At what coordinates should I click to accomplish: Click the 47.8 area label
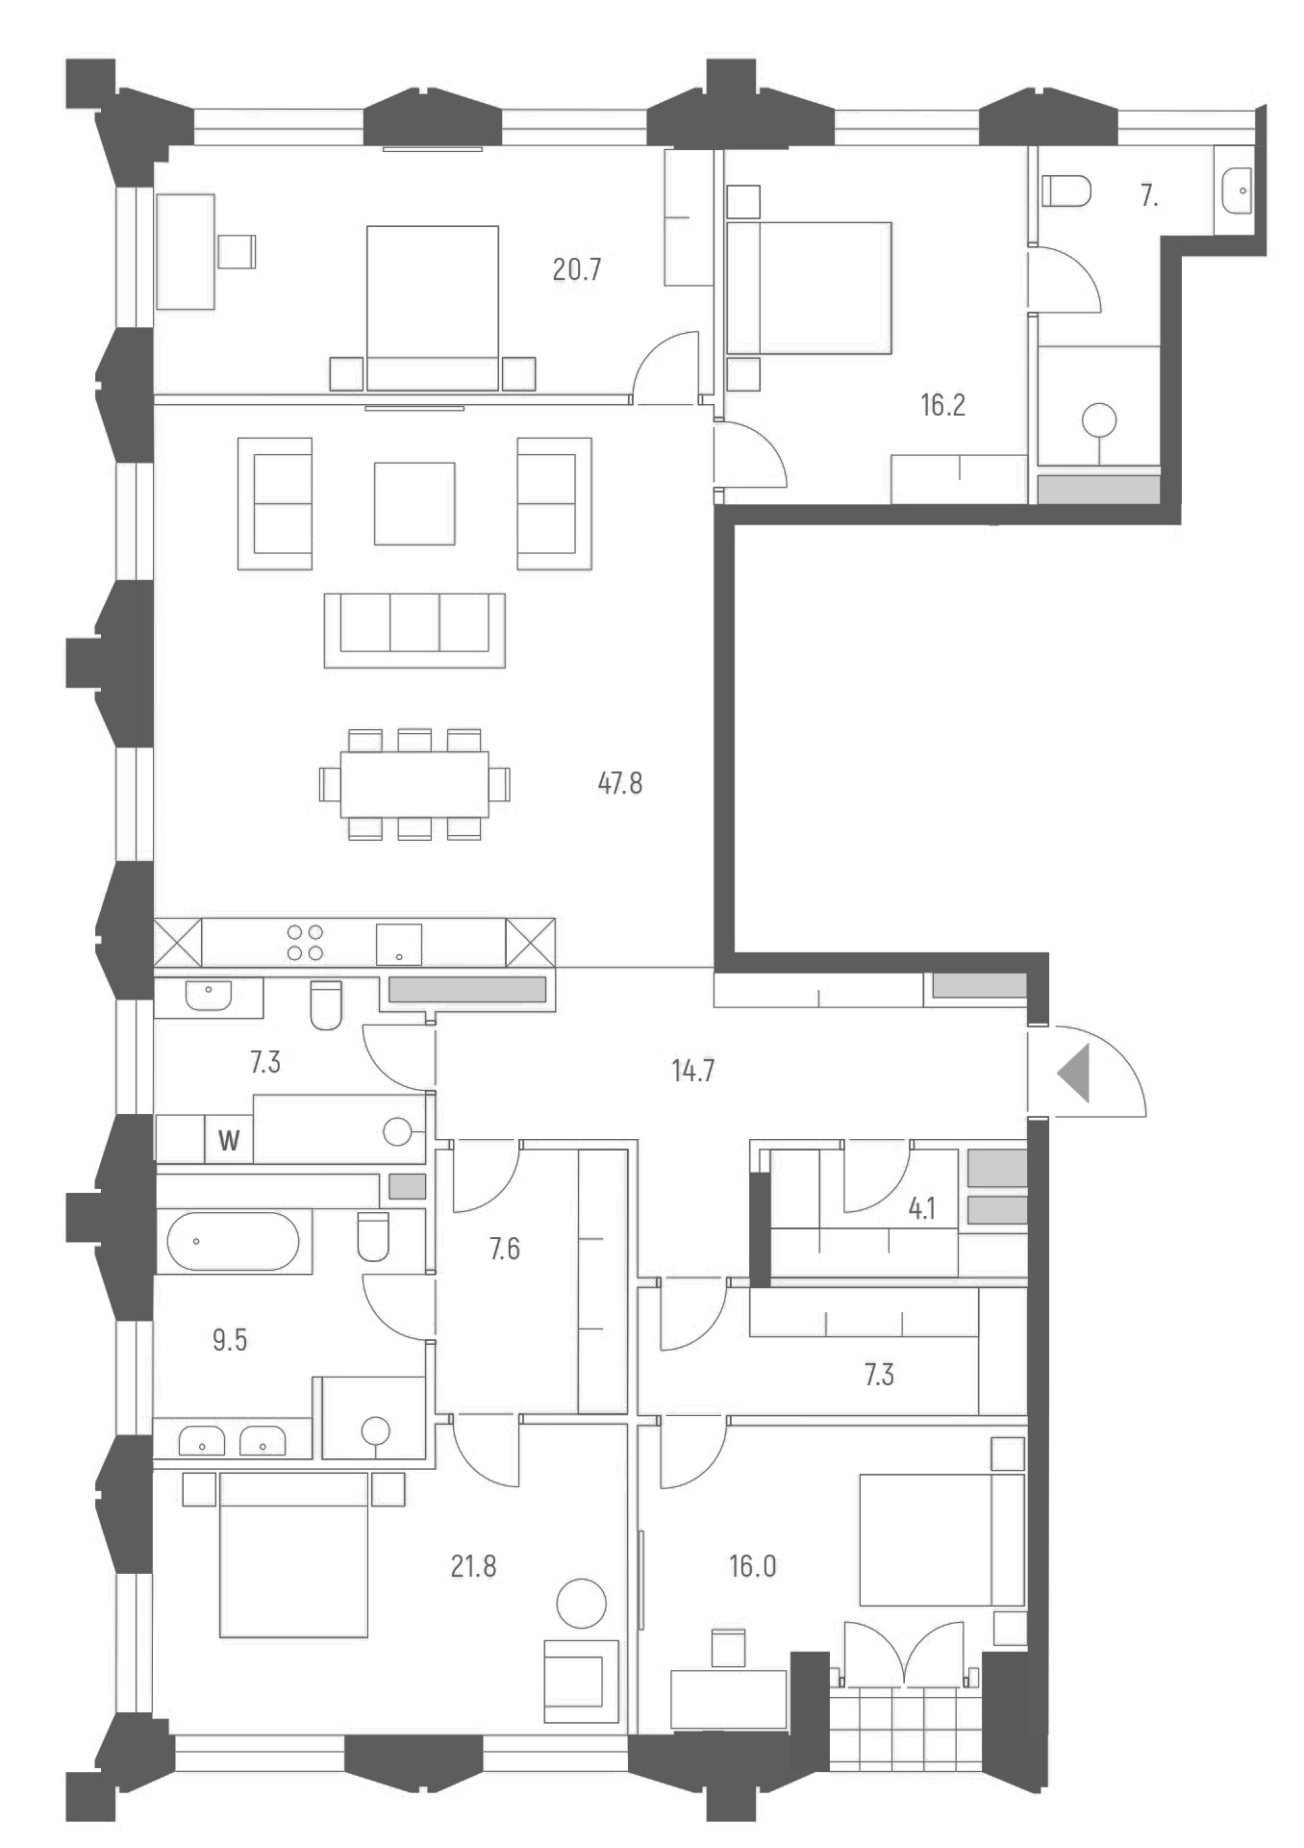click(x=619, y=783)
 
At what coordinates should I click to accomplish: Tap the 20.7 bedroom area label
click(x=577, y=269)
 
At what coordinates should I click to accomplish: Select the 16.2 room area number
click(x=942, y=405)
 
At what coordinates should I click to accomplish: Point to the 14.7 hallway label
click(x=692, y=1070)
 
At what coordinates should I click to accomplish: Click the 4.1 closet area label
click(x=922, y=1208)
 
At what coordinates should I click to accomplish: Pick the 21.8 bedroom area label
click(x=473, y=1567)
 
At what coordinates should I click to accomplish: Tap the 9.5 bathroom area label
click(x=230, y=1339)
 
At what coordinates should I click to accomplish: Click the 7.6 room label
click(x=504, y=1249)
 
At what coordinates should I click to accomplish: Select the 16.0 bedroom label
click(x=752, y=1566)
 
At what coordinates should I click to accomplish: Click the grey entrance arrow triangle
click(x=1076, y=1073)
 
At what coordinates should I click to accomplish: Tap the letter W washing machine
click(x=229, y=1141)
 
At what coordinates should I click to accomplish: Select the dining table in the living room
click(x=414, y=784)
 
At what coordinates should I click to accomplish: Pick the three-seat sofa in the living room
click(x=414, y=629)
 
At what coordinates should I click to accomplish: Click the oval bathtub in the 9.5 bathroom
click(x=234, y=1241)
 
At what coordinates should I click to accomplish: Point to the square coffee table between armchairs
click(x=414, y=503)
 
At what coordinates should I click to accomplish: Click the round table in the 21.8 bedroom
click(x=581, y=1604)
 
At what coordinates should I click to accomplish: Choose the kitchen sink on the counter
click(x=399, y=944)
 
